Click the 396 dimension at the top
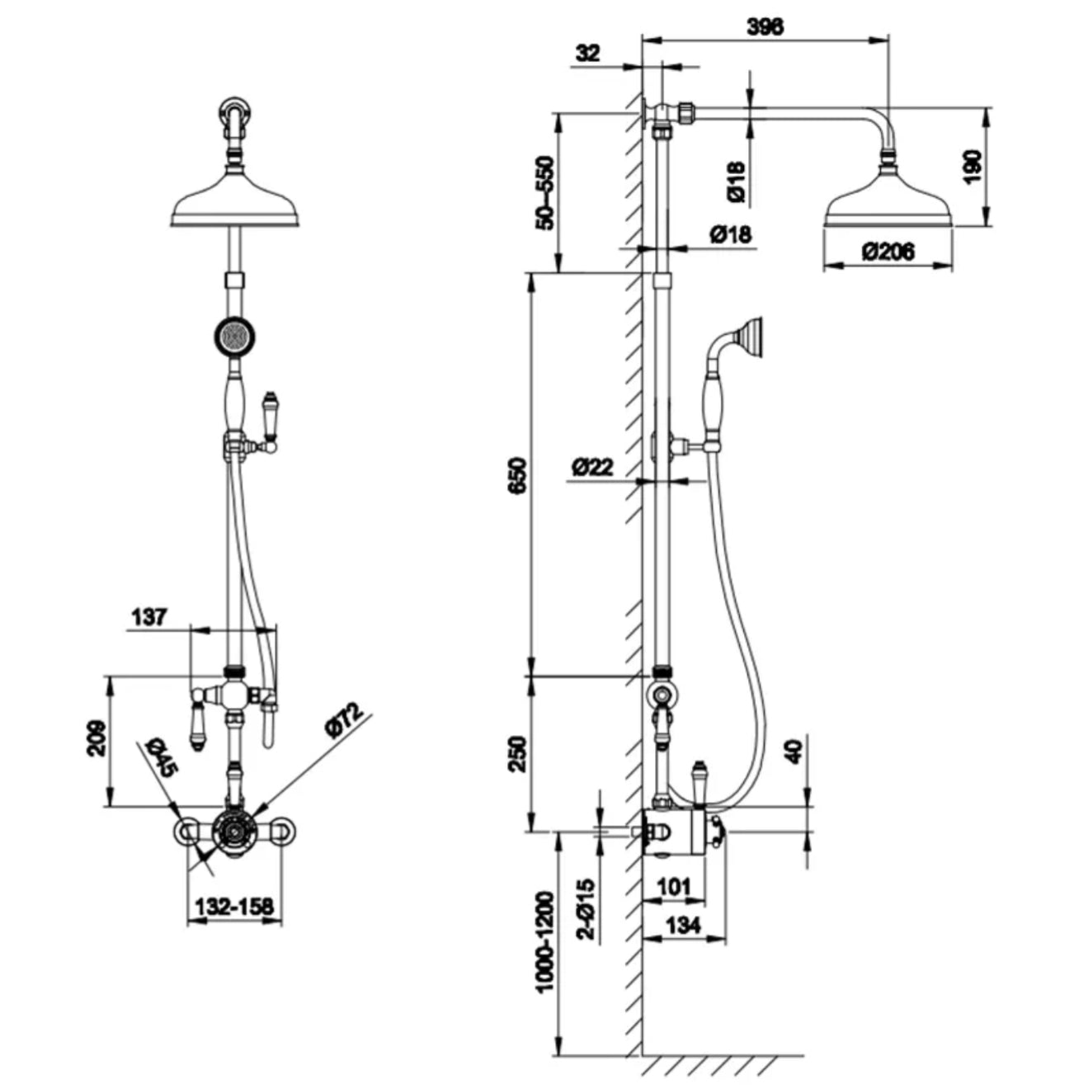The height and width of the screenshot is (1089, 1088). [x=765, y=26]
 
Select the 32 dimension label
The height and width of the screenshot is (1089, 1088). [x=587, y=54]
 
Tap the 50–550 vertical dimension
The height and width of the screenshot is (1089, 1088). [x=544, y=192]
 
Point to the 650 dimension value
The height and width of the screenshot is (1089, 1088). [x=517, y=474]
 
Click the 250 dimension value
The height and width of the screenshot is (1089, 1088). [x=516, y=753]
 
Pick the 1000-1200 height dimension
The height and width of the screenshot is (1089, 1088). [x=544, y=941]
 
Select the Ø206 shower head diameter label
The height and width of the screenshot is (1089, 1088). [x=888, y=251]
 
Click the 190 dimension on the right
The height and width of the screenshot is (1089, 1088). [x=973, y=167]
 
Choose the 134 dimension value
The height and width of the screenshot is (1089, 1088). [x=682, y=926]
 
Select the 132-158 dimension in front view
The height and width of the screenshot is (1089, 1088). [x=234, y=907]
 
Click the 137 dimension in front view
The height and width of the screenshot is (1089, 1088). [x=148, y=616]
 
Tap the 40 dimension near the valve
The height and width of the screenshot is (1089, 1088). [x=794, y=751]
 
